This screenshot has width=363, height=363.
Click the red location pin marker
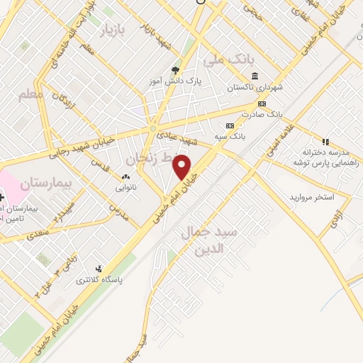click(183, 168)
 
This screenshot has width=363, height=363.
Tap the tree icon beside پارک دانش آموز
click(175, 70)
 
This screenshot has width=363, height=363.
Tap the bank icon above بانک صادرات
click(262, 104)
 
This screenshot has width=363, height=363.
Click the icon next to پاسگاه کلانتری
click(99, 269)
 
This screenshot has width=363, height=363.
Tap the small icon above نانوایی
click(126, 177)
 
